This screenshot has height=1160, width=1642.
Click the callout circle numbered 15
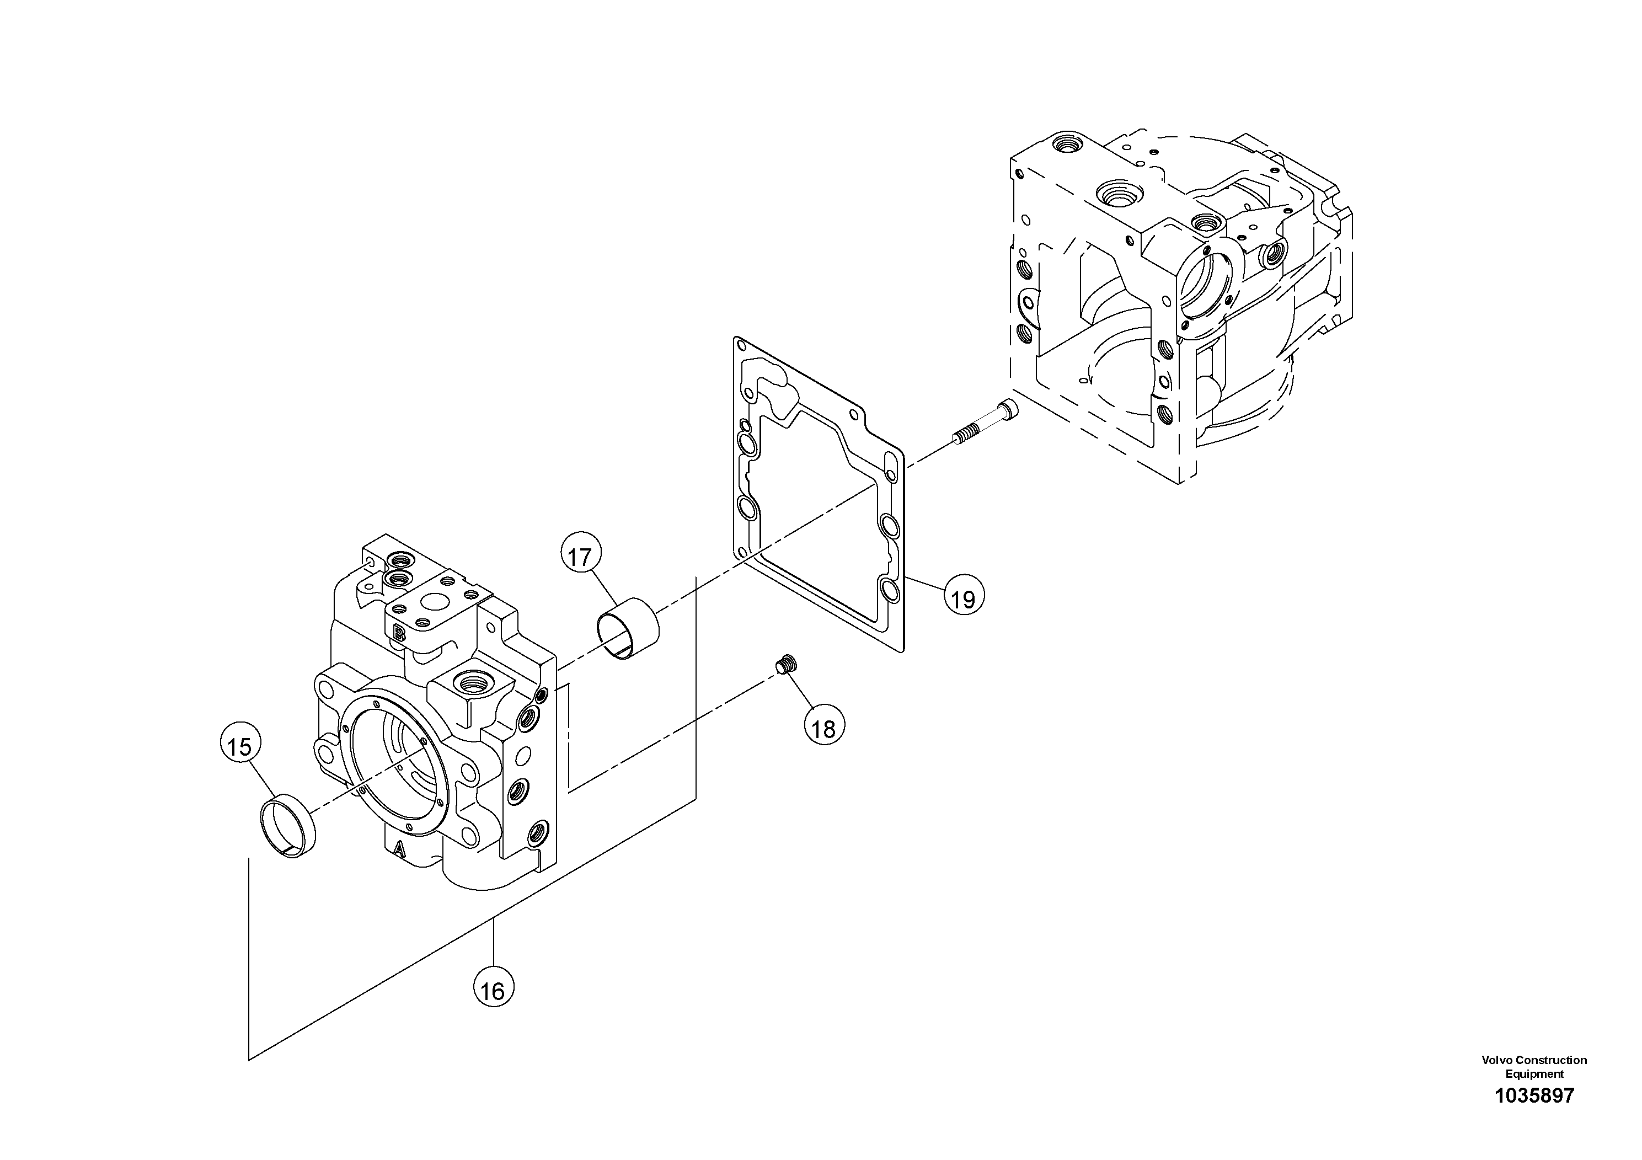239,747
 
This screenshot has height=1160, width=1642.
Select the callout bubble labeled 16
494,991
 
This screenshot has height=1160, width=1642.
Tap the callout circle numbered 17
581,557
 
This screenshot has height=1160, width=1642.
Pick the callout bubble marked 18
824,729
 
